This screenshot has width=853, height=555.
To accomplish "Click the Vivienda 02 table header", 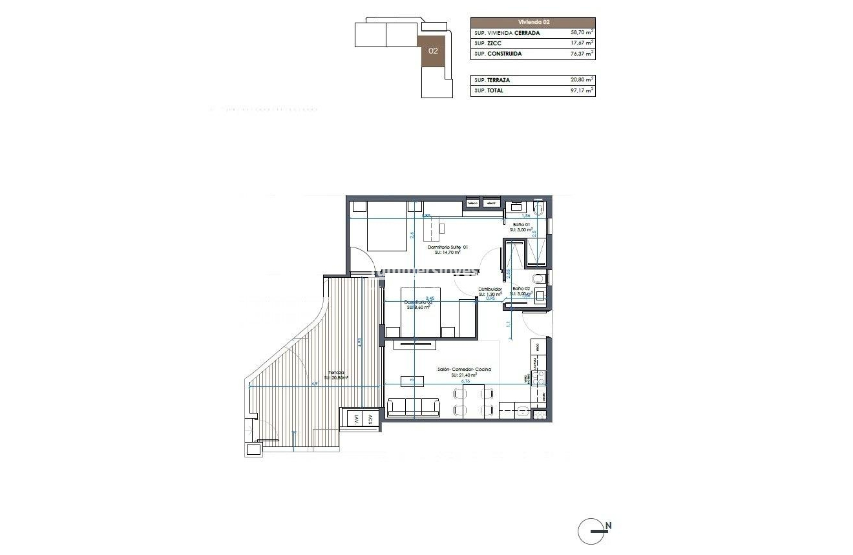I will (532, 21).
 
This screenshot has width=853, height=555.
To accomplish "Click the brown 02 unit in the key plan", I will (433, 50).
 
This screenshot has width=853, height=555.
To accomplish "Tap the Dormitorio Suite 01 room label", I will (448, 247).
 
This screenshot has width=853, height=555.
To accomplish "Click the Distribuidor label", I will (490, 289).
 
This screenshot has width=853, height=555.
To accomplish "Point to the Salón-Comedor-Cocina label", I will (464, 370).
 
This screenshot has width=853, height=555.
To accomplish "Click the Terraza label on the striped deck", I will (336, 373).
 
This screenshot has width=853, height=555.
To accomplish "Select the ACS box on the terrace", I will (370, 418).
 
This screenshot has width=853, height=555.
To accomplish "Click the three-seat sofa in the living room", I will (414, 407).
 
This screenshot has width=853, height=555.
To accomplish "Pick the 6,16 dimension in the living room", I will (465, 381).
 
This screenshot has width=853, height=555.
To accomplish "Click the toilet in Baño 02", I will (541, 278).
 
